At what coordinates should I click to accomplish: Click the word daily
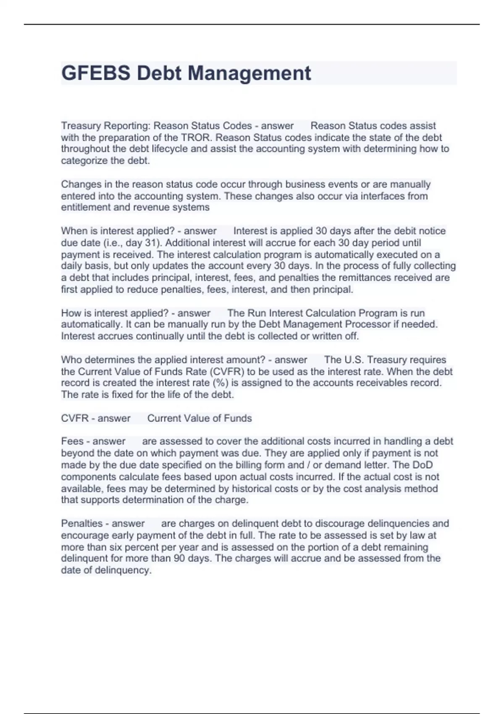click(x=72, y=266)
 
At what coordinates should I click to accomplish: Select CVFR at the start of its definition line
click(x=74, y=418)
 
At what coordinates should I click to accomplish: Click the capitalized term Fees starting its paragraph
click(x=72, y=441)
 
